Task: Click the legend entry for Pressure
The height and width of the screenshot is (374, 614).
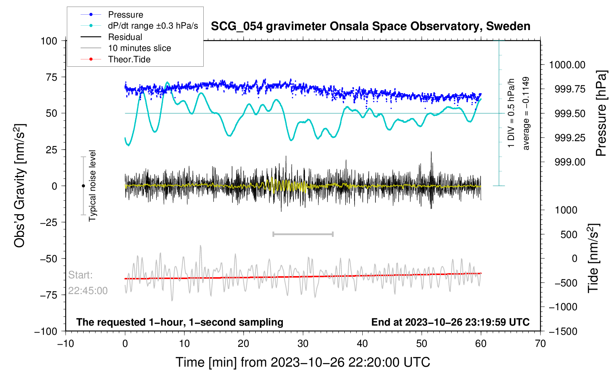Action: [125, 15]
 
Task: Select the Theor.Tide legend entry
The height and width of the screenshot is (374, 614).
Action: [129, 59]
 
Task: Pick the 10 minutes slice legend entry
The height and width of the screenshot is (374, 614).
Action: [139, 48]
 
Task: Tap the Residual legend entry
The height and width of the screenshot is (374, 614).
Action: [125, 37]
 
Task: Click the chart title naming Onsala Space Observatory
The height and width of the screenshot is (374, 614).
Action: [370, 26]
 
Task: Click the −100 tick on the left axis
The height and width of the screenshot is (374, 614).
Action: [46, 331]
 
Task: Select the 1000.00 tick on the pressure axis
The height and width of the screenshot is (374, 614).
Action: [567, 65]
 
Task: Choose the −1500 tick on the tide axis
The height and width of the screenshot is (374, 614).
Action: [563, 331]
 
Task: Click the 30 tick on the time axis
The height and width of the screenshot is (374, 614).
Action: [303, 344]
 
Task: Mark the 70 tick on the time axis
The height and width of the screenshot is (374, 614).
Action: [540, 344]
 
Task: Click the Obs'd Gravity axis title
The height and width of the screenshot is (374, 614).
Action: [20, 186]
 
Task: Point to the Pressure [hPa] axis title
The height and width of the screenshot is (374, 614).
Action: [601, 113]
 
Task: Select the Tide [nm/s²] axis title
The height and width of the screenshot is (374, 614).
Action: [593, 258]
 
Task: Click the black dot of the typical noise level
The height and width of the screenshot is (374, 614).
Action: [83, 186]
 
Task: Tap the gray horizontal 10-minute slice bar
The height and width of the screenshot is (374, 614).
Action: [303, 234]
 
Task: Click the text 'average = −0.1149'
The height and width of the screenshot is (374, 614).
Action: [526, 113]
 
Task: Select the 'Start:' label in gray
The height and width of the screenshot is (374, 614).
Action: [81, 275]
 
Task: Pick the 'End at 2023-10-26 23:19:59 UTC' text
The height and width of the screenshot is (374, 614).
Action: [450, 322]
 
